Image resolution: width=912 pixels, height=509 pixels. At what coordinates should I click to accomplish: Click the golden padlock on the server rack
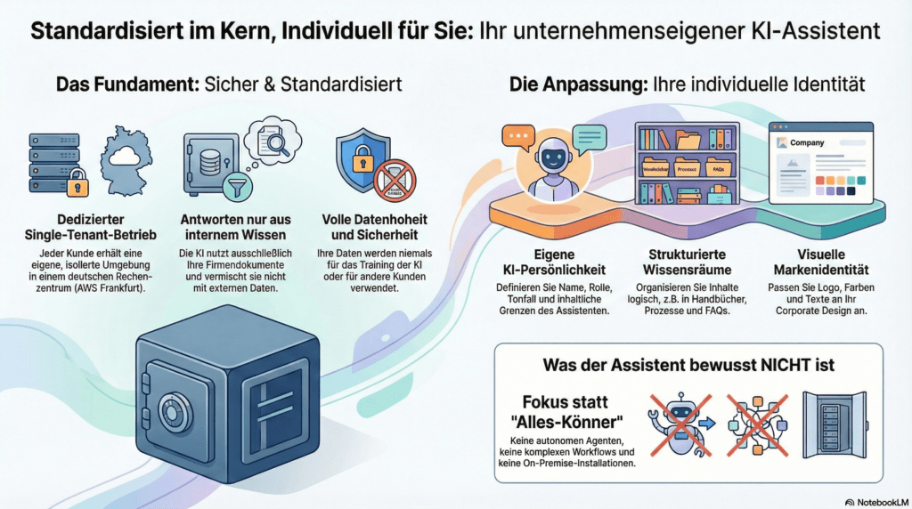[x=77, y=185]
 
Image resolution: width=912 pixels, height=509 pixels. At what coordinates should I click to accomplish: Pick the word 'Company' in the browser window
[x=807, y=142]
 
